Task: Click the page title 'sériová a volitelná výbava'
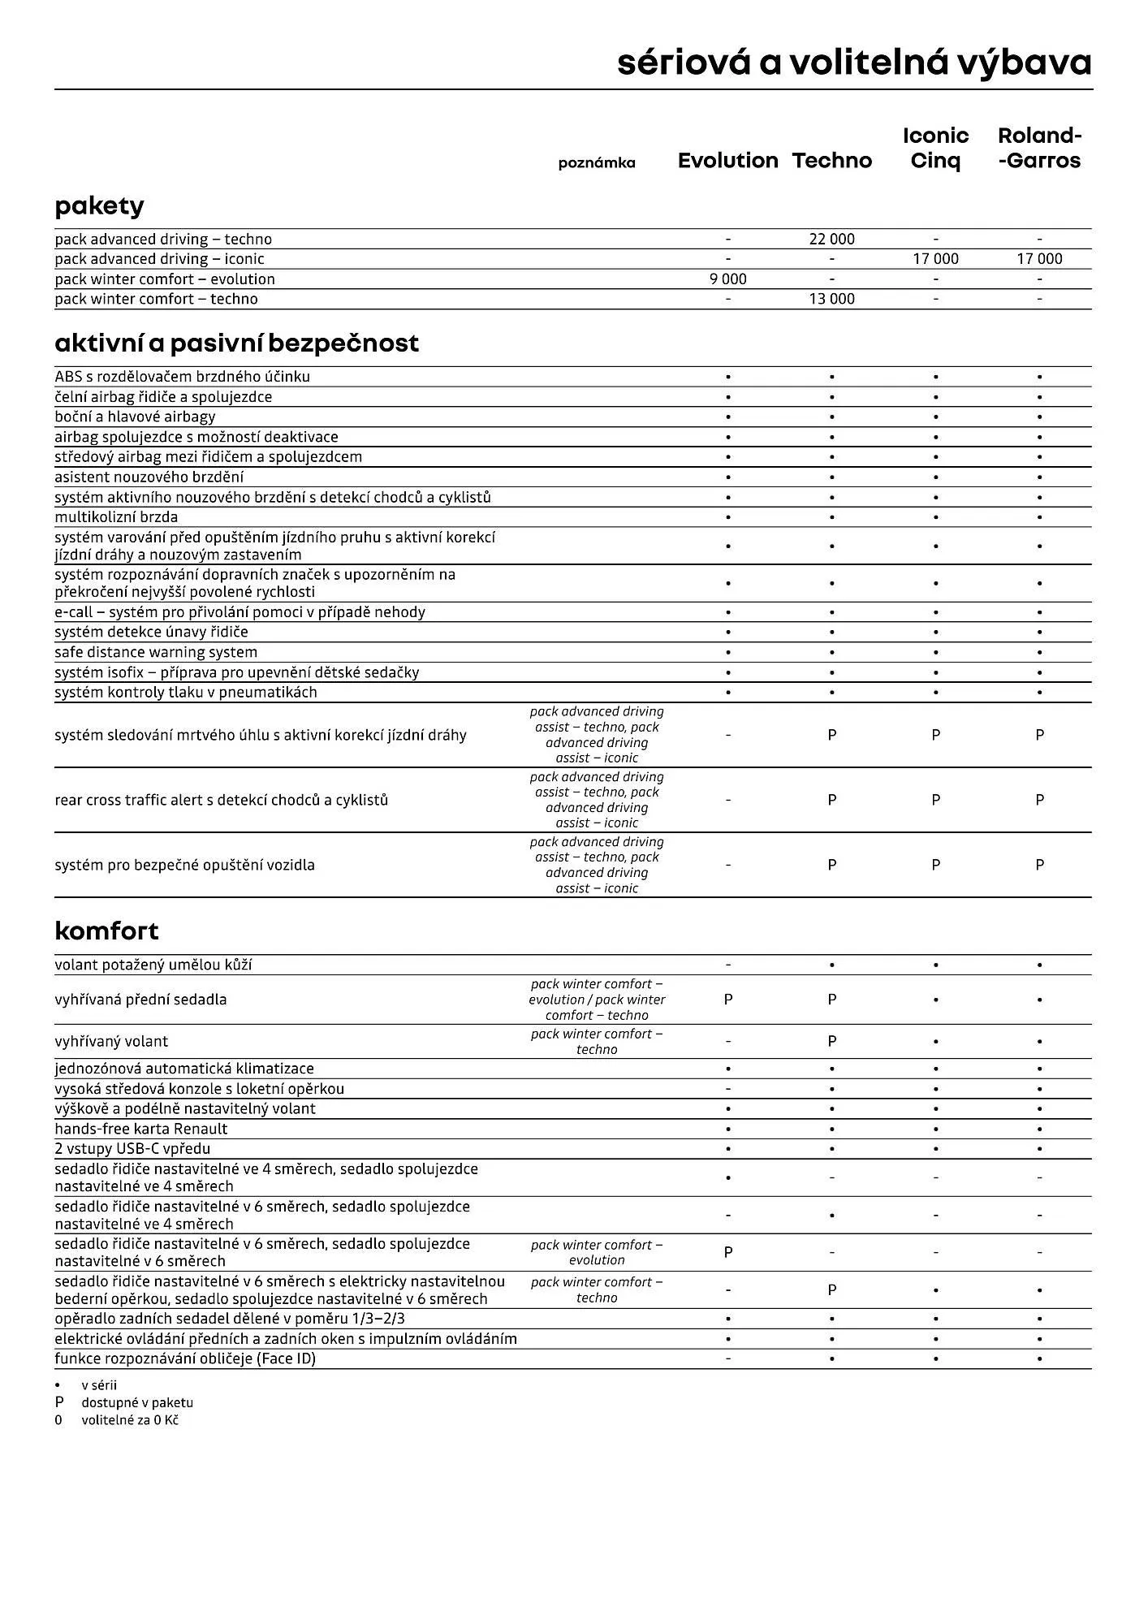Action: tap(854, 63)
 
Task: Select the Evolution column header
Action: tap(727, 161)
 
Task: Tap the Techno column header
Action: tap(831, 161)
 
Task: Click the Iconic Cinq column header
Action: tap(935, 148)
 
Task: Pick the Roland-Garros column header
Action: tap(1039, 148)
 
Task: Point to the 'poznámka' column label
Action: tap(597, 163)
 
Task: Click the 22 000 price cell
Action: tap(831, 239)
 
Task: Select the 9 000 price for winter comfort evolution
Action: tap(727, 279)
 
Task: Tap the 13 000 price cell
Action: tap(831, 299)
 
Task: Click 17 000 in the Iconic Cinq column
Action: tap(935, 259)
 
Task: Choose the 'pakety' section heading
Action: tap(99, 205)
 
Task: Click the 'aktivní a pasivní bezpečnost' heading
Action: tap(236, 343)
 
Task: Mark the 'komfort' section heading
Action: tap(106, 931)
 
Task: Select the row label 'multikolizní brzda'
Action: tap(116, 517)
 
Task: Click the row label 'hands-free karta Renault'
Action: tap(141, 1129)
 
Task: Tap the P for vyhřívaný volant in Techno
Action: tap(831, 1041)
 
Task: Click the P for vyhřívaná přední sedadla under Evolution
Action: tap(727, 1000)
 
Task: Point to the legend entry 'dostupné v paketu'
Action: tap(136, 1403)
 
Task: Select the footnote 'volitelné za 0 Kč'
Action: tap(129, 1420)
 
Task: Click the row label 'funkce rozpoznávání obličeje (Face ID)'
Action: tap(185, 1358)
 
